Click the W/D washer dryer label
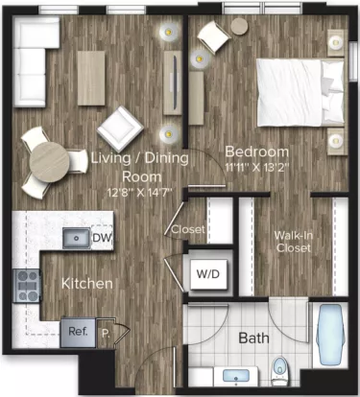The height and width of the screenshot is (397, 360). (205, 273)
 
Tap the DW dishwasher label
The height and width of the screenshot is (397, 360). (101, 237)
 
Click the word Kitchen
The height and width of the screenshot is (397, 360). (88, 284)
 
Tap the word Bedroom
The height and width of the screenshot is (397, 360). (256, 152)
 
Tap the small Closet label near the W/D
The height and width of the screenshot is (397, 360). (184, 229)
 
